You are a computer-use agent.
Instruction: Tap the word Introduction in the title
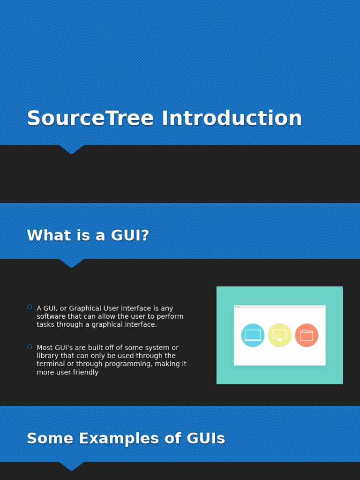232,119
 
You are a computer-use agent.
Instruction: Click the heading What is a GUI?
88,235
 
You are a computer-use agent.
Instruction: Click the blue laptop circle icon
253,335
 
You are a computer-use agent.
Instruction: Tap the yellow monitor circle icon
279,335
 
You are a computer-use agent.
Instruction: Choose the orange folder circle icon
307,335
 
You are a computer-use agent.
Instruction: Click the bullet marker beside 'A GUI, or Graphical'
30,307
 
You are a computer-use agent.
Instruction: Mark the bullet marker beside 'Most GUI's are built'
30,347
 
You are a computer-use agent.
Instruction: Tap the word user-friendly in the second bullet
75,372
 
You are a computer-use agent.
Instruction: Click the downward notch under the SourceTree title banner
71,149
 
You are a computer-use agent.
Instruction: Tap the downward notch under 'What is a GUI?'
71,263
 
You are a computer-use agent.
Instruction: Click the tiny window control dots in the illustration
237,307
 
